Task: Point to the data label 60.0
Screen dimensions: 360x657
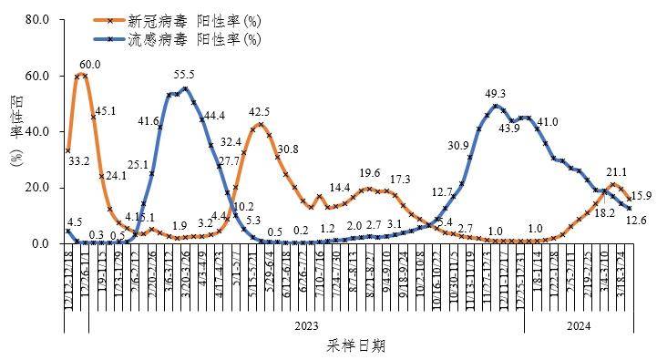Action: (90, 65)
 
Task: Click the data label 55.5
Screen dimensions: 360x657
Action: (184, 75)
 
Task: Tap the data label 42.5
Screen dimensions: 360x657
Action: (259, 112)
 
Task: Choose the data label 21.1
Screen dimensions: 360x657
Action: (616, 171)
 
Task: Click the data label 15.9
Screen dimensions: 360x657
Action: (640, 195)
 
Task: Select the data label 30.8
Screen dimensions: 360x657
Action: (288, 149)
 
